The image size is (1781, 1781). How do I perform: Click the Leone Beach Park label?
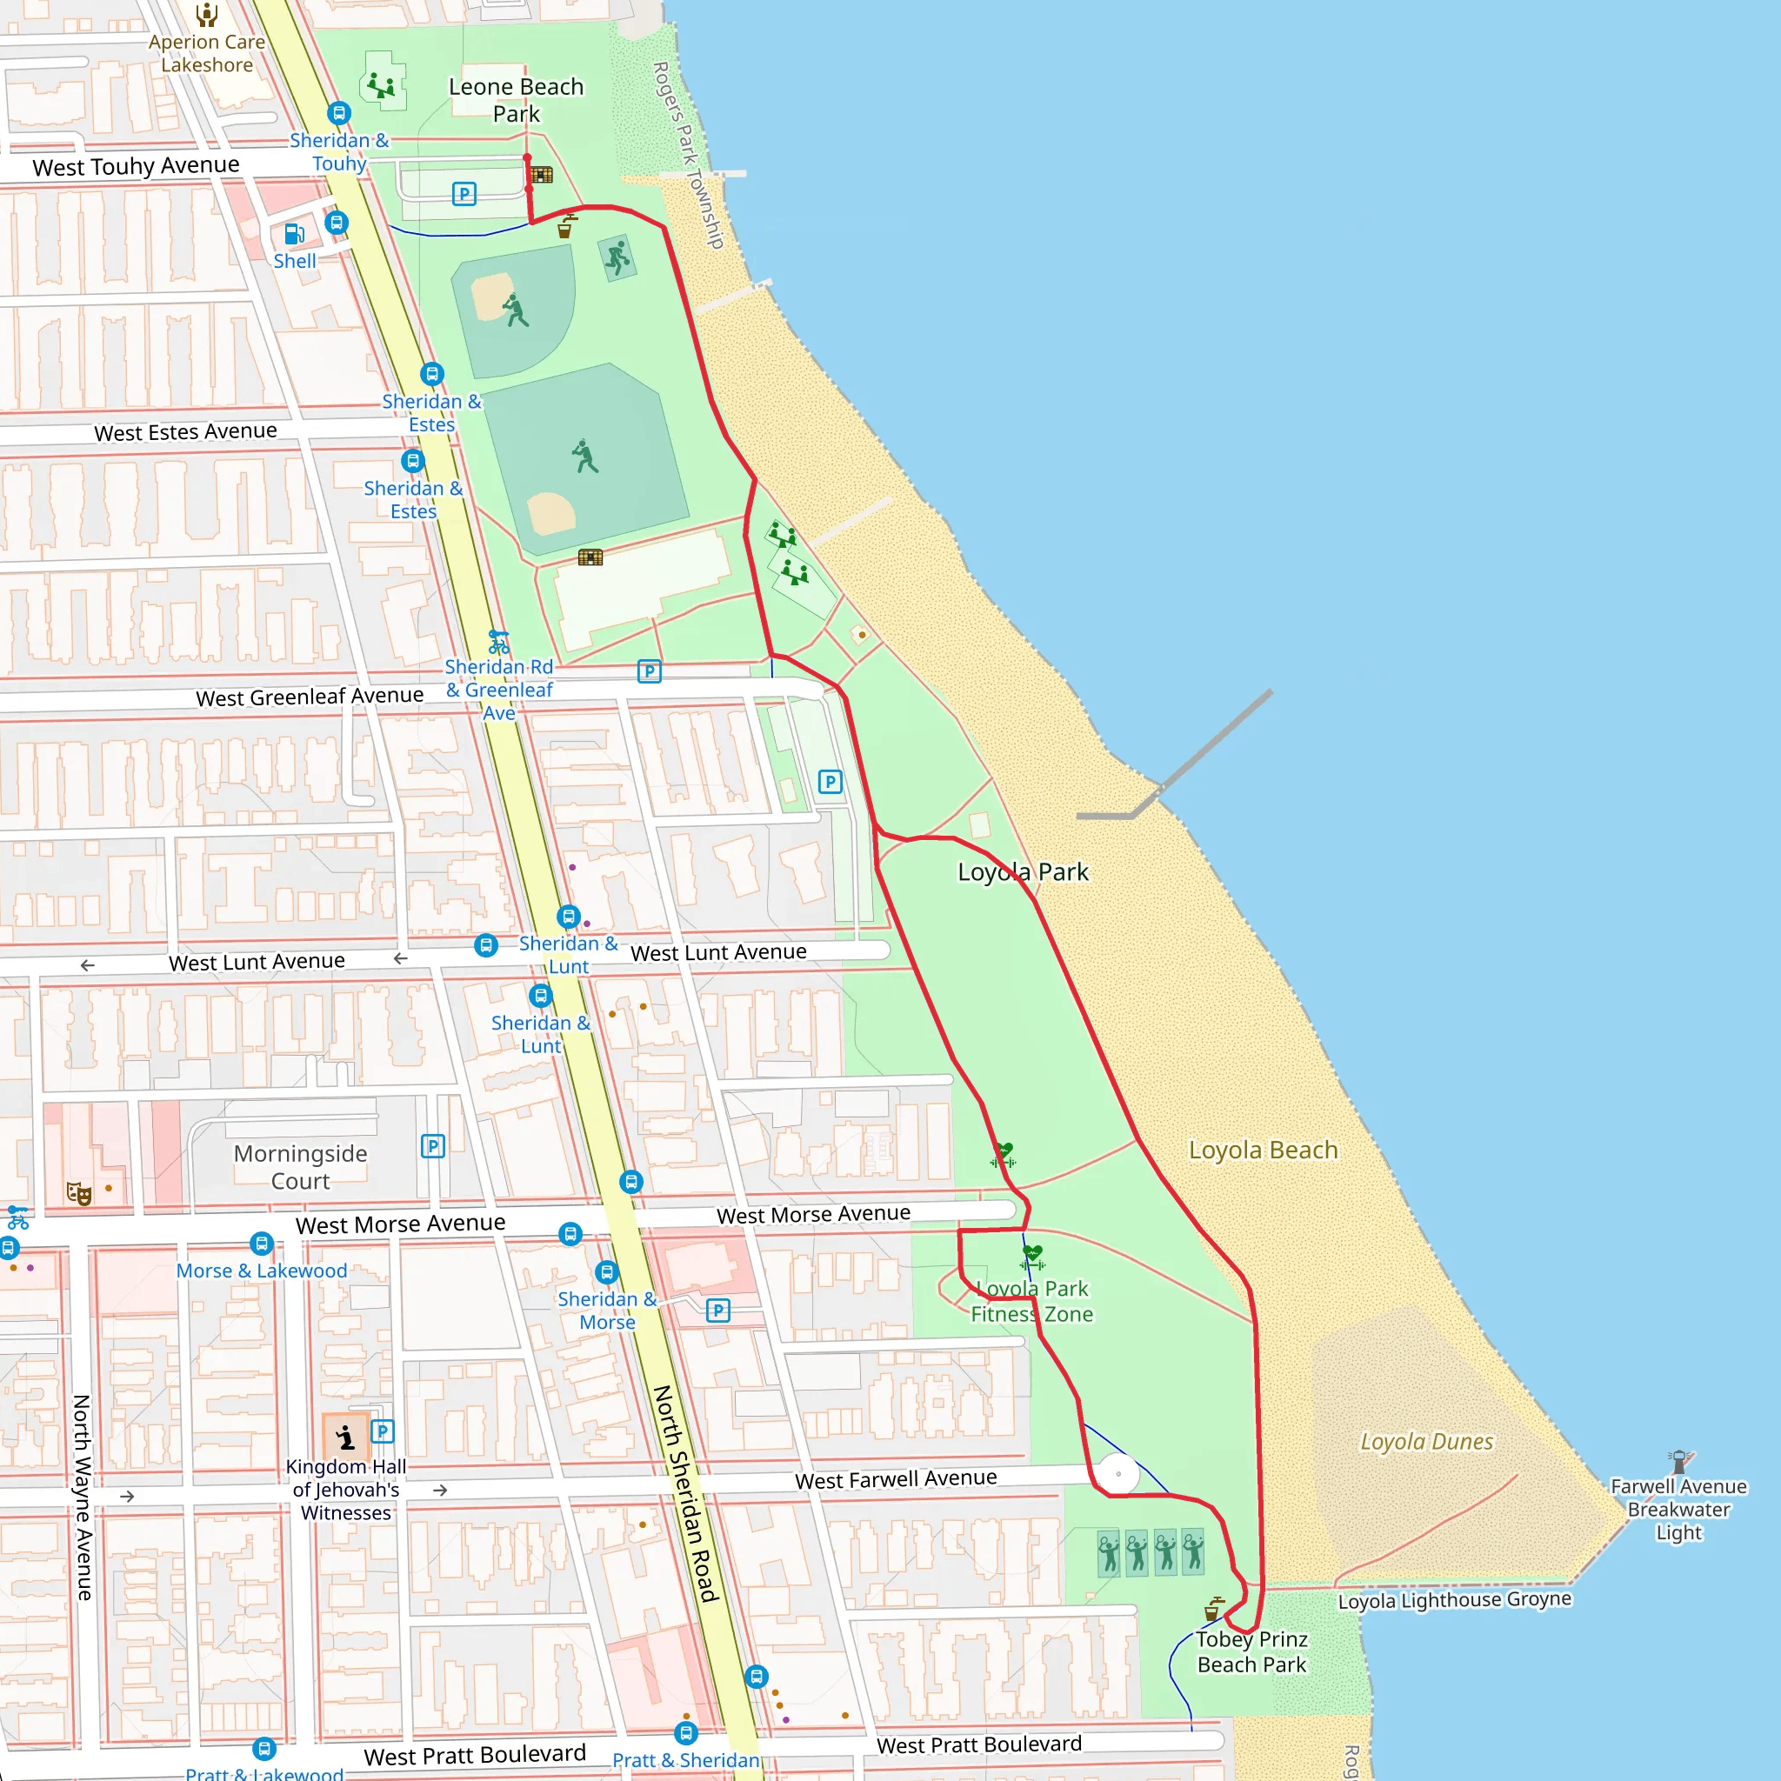click(517, 99)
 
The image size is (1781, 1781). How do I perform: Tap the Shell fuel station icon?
click(294, 234)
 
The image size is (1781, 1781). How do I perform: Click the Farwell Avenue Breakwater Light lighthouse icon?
click(1678, 1462)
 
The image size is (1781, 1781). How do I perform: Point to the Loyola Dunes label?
click(1426, 1442)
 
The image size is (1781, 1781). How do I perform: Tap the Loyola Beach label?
click(1263, 1150)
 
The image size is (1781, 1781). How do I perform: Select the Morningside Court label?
click(301, 1167)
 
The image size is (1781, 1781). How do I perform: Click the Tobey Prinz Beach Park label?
click(1252, 1652)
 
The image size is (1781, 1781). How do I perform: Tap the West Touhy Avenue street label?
click(136, 166)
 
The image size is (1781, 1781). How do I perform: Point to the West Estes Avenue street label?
click(185, 431)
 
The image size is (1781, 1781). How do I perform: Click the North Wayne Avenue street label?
click(82, 1498)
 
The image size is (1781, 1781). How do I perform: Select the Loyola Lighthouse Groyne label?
click(1455, 1600)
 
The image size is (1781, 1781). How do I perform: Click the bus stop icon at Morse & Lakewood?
click(262, 1243)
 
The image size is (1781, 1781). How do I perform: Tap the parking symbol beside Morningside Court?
click(432, 1146)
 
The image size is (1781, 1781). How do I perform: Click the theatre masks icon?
click(79, 1195)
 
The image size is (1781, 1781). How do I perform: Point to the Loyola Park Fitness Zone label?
click(1032, 1301)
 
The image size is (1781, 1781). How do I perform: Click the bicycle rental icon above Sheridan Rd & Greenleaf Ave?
click(498, 642)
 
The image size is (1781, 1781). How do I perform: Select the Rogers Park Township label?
click(689, 155)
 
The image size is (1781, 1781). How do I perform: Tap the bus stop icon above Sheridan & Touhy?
click(339, 112)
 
